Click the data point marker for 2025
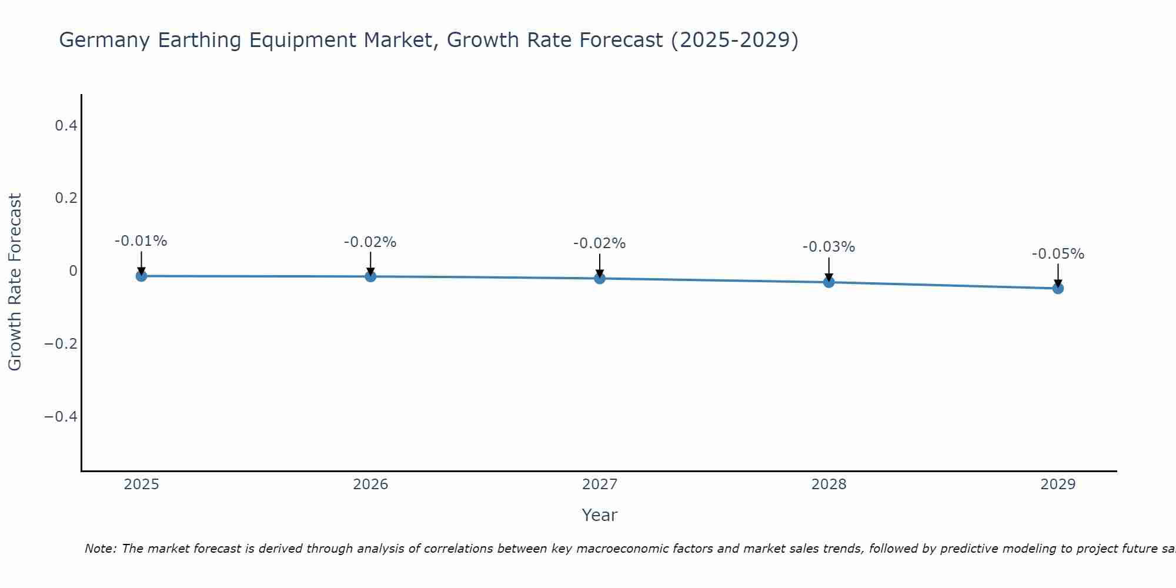[141, 276]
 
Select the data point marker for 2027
[600, 278]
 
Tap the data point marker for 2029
[1058, 288]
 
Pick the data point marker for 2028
[829, 282]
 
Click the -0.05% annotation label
[1058, 255]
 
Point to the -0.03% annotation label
[828, 248]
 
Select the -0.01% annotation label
[141, 241]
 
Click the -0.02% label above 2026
[370, 242]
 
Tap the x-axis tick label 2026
[370, 485]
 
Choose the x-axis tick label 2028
[828, 485]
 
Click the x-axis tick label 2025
[142, 485]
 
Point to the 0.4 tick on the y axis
[66, 125]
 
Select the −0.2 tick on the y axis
[61, 343]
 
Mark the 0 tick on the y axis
[73, 270]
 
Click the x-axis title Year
[599, 515]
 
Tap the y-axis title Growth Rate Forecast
[15, 282]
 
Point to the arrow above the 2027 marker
[600, 265]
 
